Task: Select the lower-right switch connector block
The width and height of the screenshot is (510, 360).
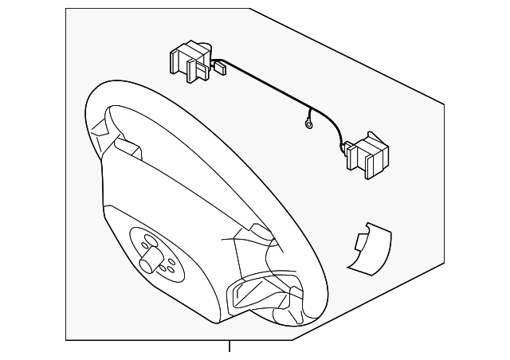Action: [365, 154]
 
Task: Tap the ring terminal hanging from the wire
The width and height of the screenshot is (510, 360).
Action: [306, 123]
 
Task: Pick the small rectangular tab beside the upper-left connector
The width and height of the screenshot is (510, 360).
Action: [221, 70]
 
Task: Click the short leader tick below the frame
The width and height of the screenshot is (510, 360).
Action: [229, 347]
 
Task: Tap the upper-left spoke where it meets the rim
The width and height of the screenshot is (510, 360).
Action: [108, 131]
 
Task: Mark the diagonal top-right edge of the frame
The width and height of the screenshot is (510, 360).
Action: [351, 56]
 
